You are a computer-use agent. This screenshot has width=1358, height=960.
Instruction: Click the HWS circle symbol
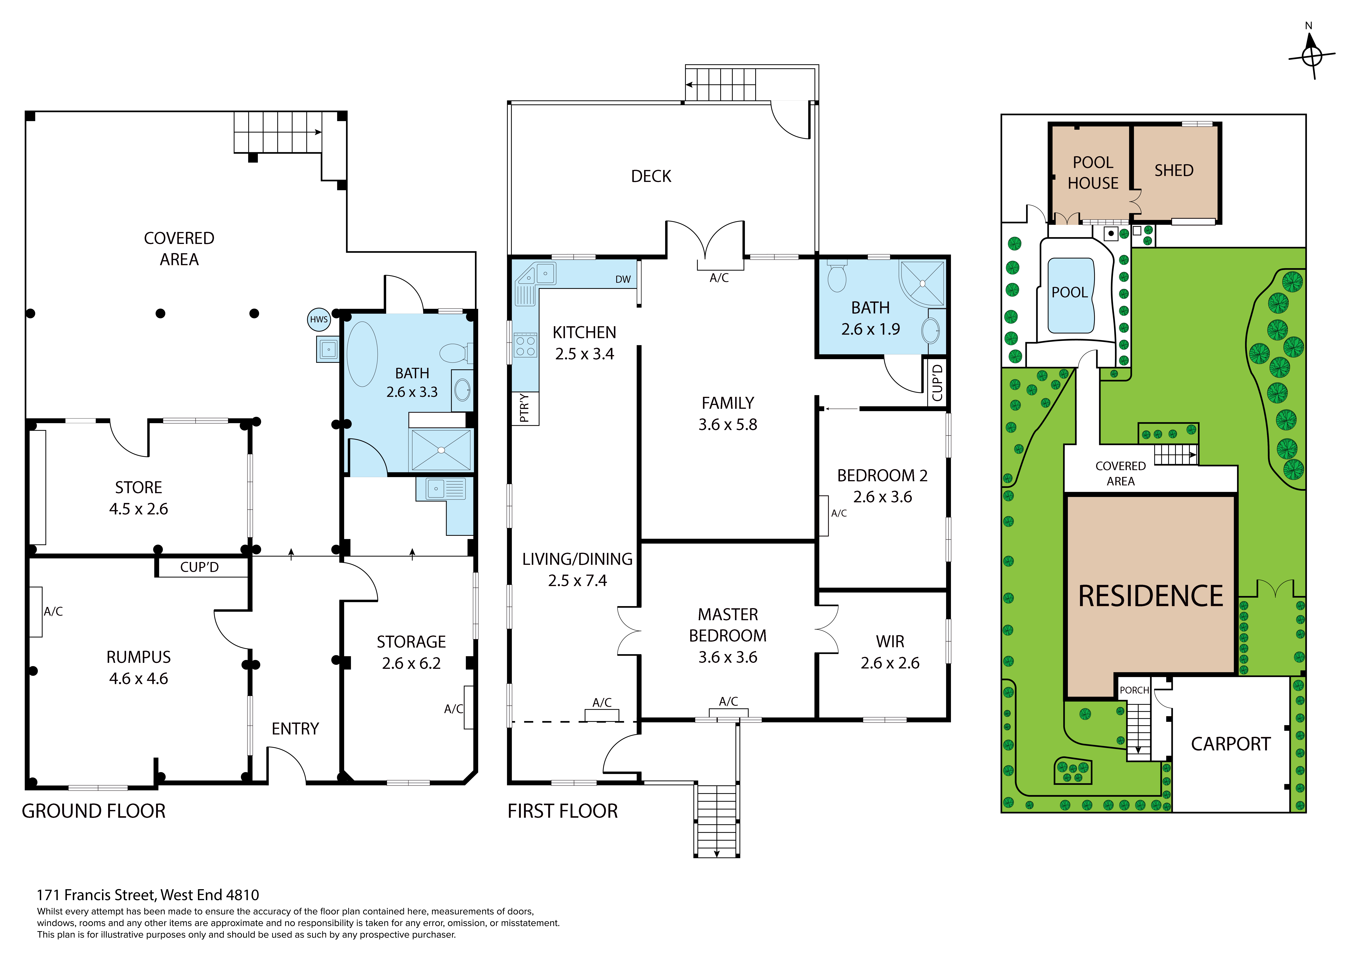pyautogui.click(x=319, y=319)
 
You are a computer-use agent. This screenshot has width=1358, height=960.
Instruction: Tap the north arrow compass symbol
pyautogui.click(x=1312, y=55)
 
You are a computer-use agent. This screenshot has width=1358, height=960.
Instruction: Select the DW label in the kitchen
pyautogui.click(x=623, y=279)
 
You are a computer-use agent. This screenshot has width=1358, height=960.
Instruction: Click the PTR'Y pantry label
pyautogui.click(x=524, y=408)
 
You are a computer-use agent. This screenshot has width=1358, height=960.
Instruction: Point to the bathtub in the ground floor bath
pyautogui.click(x=362, y=354)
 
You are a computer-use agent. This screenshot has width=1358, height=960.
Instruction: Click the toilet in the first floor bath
pyautogui.click(x=837, y=276)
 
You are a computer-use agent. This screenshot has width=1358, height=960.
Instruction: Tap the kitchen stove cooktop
pyautogui.click(x=525, y=345)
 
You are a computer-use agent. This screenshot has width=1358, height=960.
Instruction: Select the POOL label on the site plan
pyautogui.click(x=1069, y=292)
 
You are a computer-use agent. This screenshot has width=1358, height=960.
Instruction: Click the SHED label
pyautogui.click(x=1174, y=170)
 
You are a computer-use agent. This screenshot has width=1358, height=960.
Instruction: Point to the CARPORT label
pyautogui.click(x=1231, y=744)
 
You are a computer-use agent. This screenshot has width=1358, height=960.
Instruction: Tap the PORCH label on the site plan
pyautogui.click(x=1134, y=690)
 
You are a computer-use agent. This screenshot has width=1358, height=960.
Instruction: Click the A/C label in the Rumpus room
pyautogui.click(x=53, y=612)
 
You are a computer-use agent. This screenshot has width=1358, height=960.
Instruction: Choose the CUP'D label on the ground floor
pyautogui.click(x=199, y=567)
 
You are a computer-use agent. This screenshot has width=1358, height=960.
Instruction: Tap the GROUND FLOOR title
pyautogui.click(x=93, y=811)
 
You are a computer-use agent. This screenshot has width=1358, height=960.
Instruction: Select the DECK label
pyautogui.click(x=651, y=176)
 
